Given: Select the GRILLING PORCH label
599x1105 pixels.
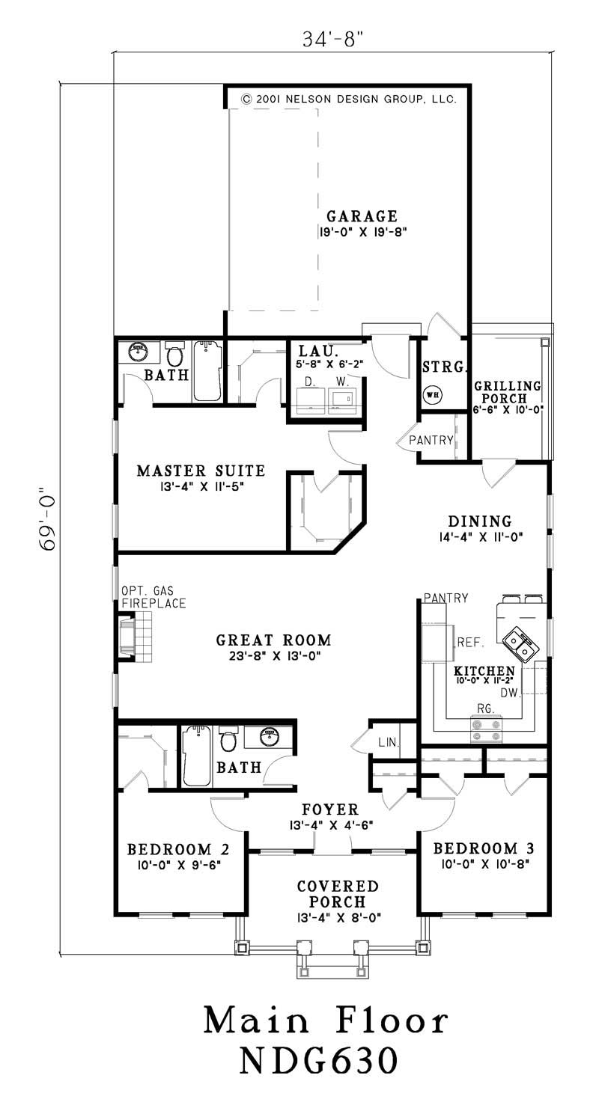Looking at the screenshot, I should pyautogui.click(x=507, y=392).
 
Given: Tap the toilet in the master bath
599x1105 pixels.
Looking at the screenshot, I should pyautogui.click(x=175, y=353).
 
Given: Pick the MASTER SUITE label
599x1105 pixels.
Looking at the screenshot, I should pyautogui.click(x=201, y=471).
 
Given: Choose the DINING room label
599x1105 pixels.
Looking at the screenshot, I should pyautogui.click(x=479, y=521).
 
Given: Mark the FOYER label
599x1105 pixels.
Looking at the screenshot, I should pyautogui.click(x=330, y=809).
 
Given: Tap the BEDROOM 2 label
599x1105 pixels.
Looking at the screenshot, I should pyautogui.click(x=177, y=849).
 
